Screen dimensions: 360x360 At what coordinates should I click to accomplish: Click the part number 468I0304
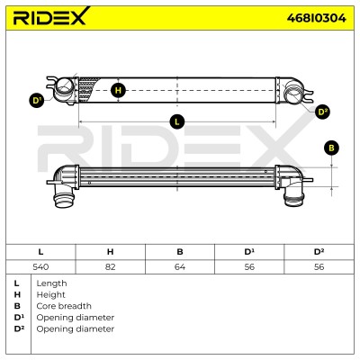click(x=316, y=18)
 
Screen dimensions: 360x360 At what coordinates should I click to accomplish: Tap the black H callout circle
click(x=118, y=90)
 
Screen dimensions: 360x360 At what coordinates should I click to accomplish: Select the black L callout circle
click(x=176, y=121)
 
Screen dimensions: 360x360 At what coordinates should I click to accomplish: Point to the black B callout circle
click(x=331, y=148)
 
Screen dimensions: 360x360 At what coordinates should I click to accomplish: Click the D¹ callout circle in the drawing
click(x=37, y=101)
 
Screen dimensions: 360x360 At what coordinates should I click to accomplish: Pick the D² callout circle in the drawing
click(x=323, y=112)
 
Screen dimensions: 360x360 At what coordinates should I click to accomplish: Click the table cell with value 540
click(x=40, y=266)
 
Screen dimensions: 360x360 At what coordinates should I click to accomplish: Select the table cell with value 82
click(x=110, y=266)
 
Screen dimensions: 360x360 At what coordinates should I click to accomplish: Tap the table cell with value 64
click(x=180, y=266)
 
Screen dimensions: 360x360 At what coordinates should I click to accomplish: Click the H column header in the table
click(x=110, y=252)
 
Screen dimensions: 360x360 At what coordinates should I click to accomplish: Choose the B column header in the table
click(x=180, y=252)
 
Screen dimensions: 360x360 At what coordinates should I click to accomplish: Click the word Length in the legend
click(x=51, y=283)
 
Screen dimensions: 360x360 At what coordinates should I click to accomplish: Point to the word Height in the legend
click(x=50, y=295)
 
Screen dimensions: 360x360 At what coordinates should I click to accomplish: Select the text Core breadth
click(x=64, y=306)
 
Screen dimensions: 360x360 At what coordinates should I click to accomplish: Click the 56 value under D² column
click(x=319, y=266)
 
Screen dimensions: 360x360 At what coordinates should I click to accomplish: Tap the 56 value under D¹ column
click(x=249, y=266)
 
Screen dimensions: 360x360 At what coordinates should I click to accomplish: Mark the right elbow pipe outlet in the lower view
click(x=294, y=199)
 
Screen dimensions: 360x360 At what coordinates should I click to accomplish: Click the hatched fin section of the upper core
click(x=87, y=89)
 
